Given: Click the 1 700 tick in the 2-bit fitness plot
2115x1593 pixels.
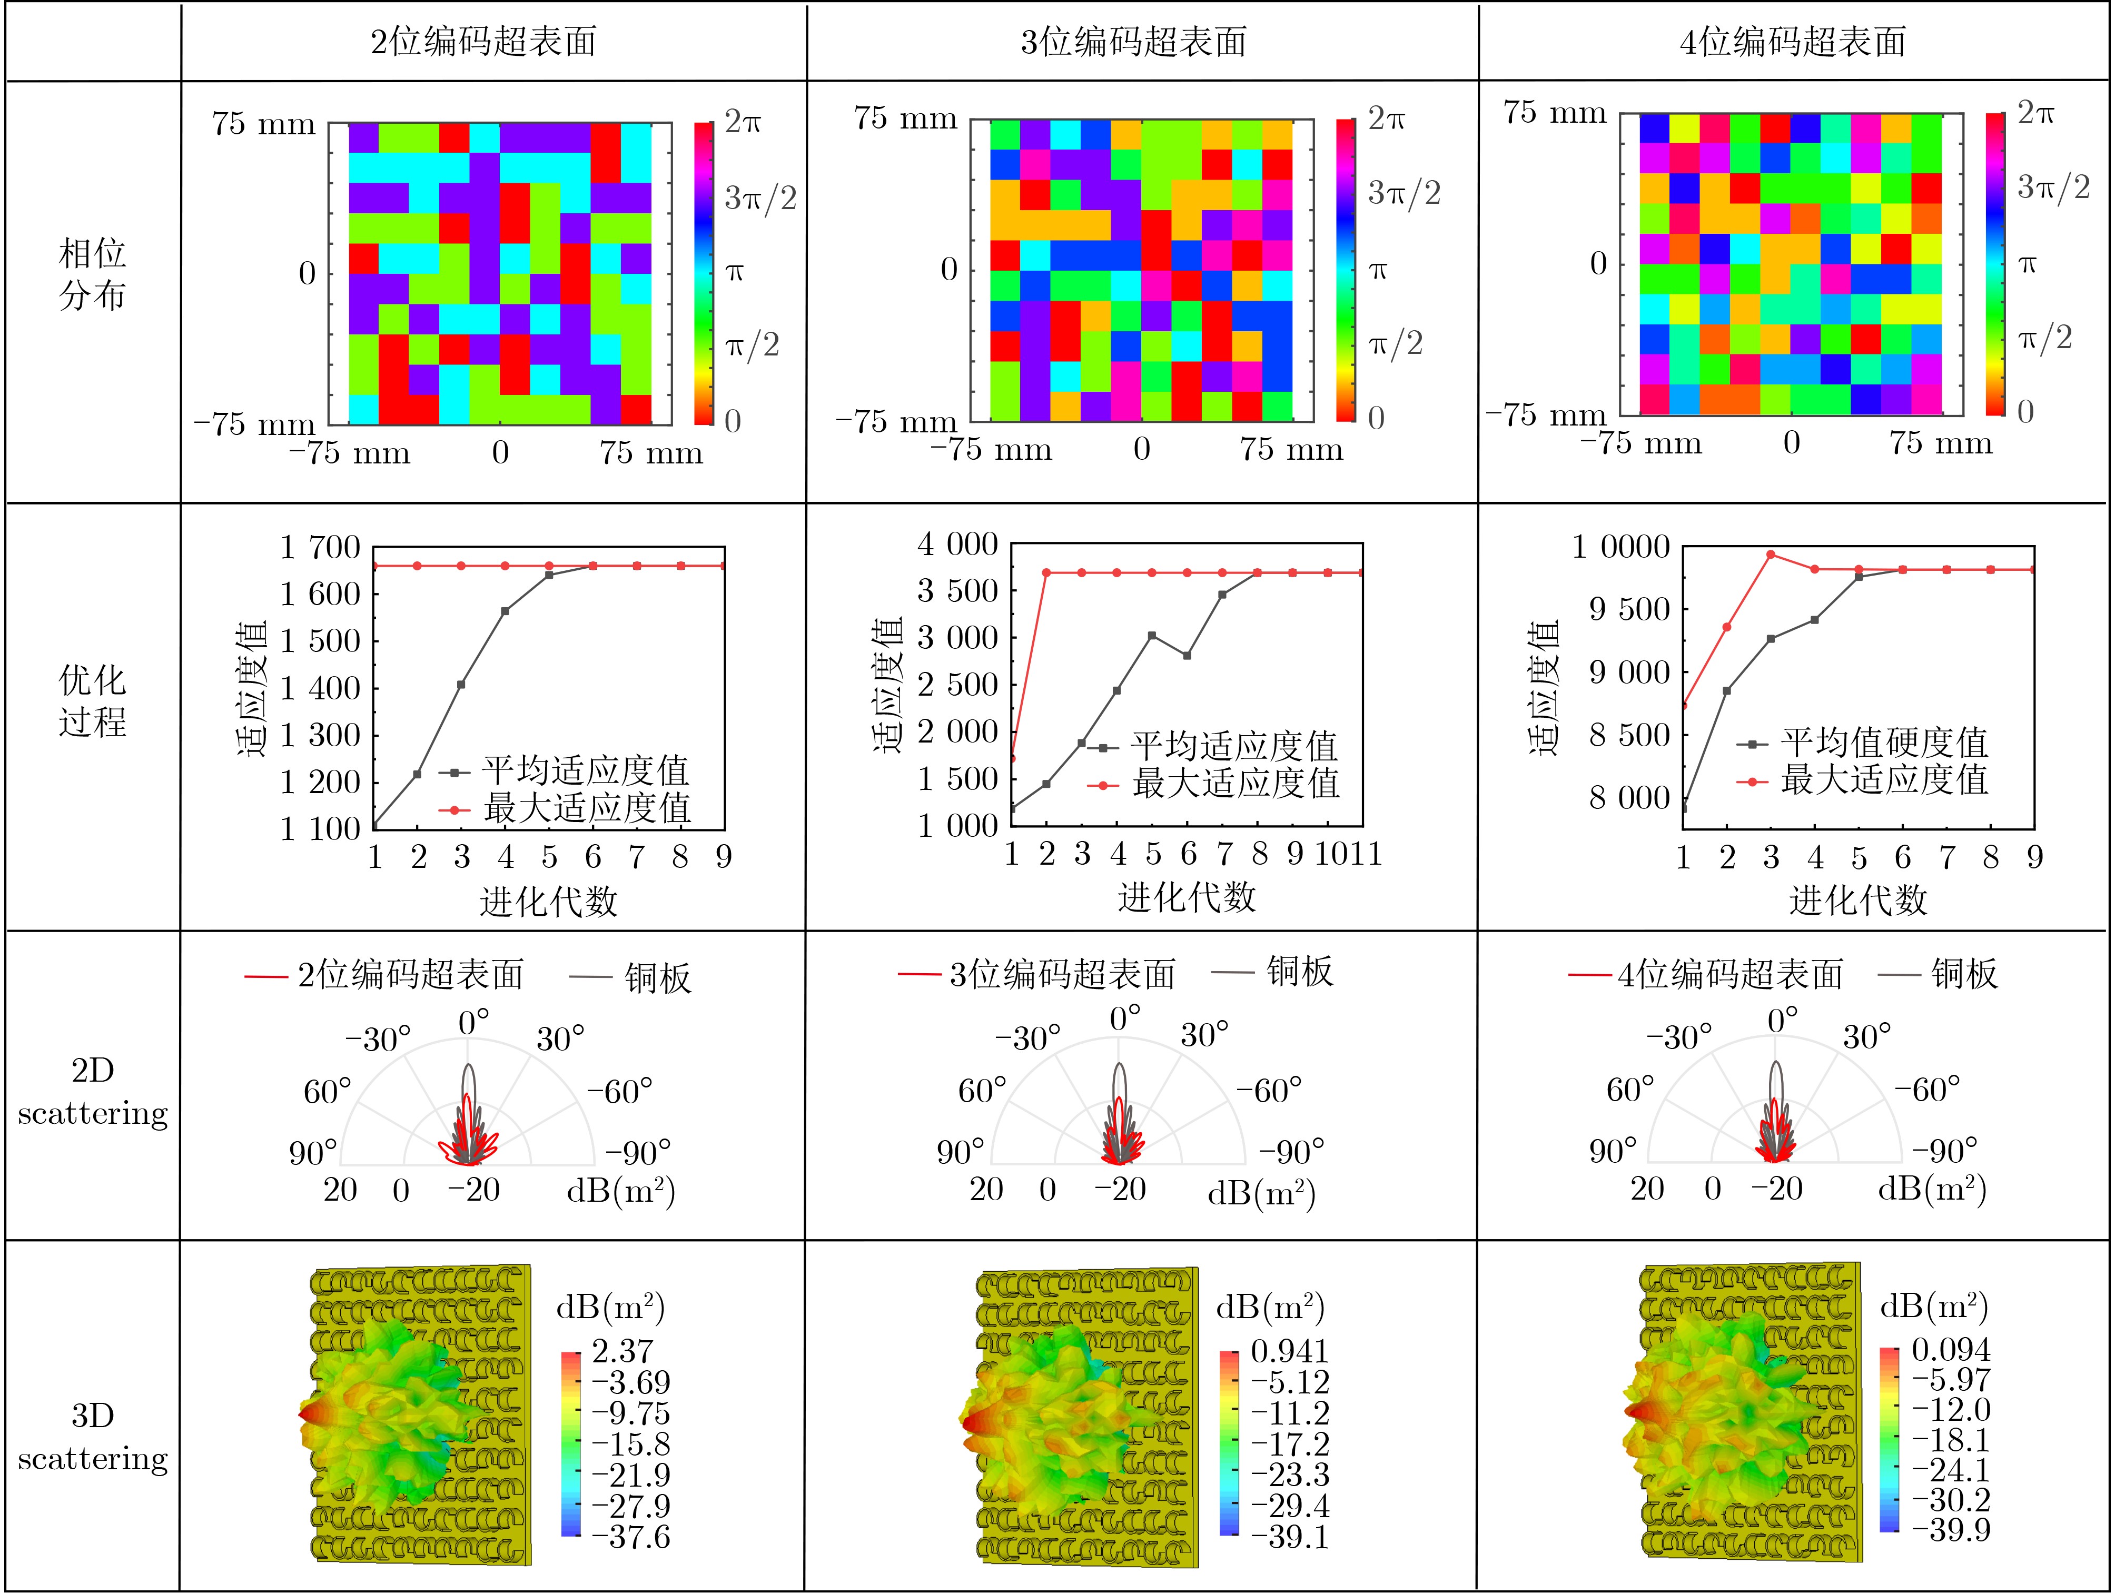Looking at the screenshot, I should [319, 548].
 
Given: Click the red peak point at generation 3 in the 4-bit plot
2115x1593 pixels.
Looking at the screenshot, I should [1771, 555].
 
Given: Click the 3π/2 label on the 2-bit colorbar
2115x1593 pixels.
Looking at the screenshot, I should [760, 198].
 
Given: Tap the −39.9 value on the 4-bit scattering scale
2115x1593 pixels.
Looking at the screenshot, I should [1951, 1530].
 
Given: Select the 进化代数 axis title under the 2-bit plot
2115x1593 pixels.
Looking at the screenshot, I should [549, 901].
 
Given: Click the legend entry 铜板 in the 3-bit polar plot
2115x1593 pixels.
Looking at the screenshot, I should [1299, 972].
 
